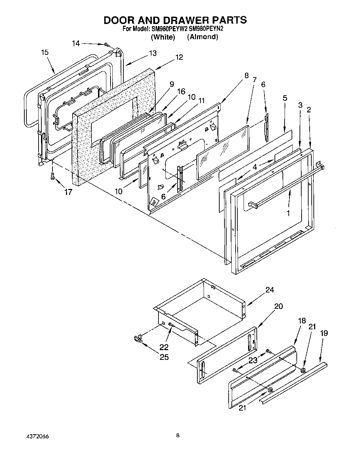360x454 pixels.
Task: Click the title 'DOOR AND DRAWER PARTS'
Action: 175,20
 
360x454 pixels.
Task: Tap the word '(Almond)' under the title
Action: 203,37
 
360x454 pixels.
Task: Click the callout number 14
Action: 76,43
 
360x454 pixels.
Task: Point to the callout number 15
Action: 44,52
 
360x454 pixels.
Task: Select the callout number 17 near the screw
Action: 68,192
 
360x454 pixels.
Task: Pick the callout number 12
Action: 179,57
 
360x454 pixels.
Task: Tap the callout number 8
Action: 246,75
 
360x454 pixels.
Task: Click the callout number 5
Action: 285,98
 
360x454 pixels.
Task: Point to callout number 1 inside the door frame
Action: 288,213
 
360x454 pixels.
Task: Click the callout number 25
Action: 164,357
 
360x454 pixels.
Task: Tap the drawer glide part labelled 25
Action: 138,338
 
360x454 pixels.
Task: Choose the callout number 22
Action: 164,347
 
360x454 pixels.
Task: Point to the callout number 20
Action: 279,306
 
